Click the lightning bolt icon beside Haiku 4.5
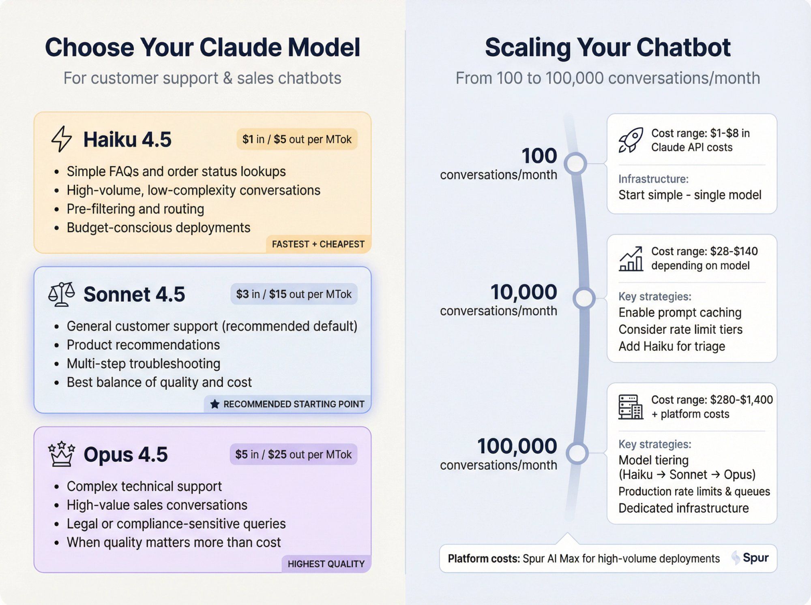[x=62, y=139]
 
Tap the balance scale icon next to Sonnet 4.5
[x=62, y=294]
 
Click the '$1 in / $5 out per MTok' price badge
[x=297, y=139]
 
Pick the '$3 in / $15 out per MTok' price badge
[x=294, y=294]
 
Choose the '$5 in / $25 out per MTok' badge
[x=293, y=454]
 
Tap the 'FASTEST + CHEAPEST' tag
[x=318, y=244]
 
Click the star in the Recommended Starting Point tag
[x=215, y=404]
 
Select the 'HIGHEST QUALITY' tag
[x=326, y=564]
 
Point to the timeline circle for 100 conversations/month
[x=575, y=164]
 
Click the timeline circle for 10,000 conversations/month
[x=584, y=299]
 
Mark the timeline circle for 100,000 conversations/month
[x=577, y=453]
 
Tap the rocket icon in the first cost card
[x=631, y=140]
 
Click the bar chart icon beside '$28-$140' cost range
[x=631, y=259]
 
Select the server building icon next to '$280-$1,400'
[x=631, y=407]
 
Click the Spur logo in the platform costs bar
[x=750, y=558]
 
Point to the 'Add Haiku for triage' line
[x=672, y=346]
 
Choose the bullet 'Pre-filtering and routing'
[x=135, y=209]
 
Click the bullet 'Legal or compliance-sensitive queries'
[x=176, y=524]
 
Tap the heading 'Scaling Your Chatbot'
[x=607, y=47]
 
